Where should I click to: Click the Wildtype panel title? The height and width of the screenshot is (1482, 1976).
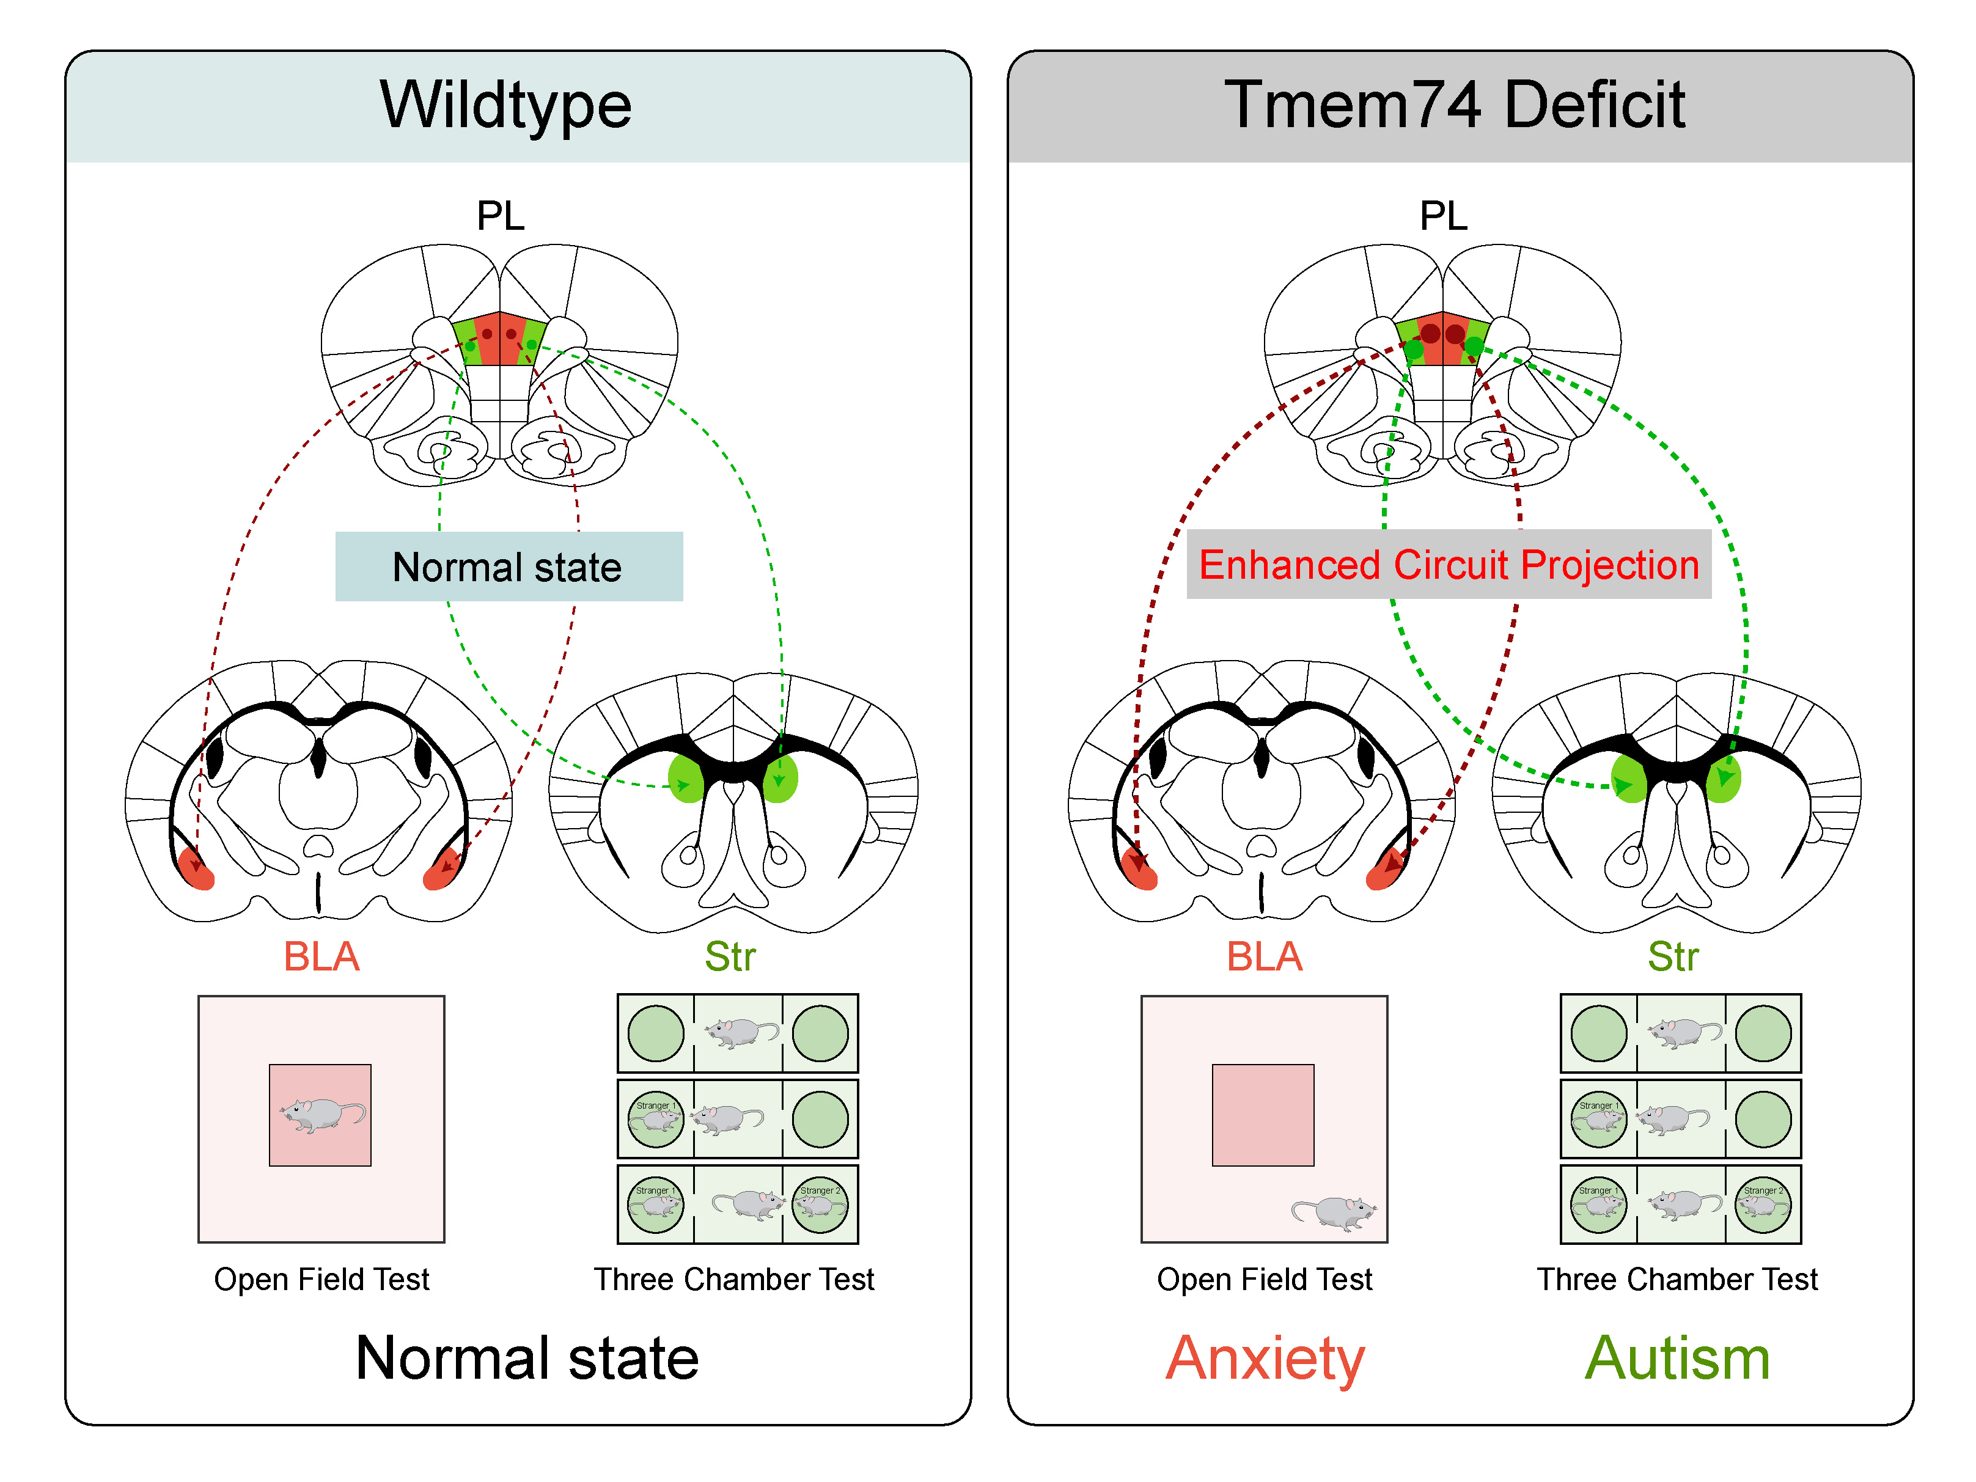tap(505, 105)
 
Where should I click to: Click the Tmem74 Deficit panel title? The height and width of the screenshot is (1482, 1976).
tap(1454, 105)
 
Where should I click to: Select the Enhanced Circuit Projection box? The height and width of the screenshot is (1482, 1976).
tap(1448, 565)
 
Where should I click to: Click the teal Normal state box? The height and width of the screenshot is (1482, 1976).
tap(509, 567)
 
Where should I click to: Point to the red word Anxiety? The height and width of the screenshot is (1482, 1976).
tap(1265, 1358)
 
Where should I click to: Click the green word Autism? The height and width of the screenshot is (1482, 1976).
tap(1677, 1358)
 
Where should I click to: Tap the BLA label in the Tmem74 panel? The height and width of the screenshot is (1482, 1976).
tap(1264, 957)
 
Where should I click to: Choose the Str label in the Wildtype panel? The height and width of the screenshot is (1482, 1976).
tap(730, 957)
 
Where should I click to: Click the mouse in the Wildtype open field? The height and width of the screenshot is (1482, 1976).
tap(321, 1115)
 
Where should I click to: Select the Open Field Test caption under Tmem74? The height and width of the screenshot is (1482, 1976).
tap(1264, 1279)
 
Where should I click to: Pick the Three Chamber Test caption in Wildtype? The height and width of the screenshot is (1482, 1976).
tap(734, 1279)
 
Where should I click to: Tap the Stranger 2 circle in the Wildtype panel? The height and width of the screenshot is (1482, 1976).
tap(819, 1204)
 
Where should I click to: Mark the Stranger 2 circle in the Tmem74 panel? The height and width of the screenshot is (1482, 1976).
tap(1763, 1204)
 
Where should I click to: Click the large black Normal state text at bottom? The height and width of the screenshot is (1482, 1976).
tap(527, 1358)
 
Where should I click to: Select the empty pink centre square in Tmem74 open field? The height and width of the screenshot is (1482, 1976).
tap(1262, 1115)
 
